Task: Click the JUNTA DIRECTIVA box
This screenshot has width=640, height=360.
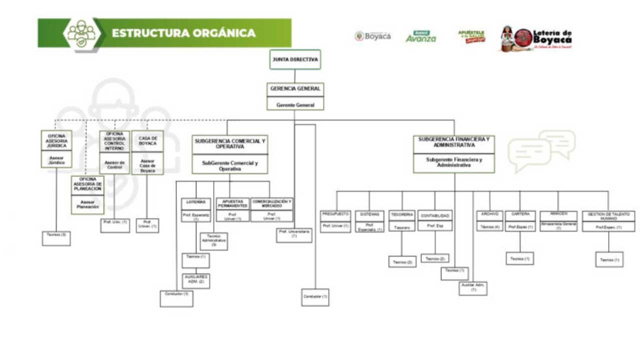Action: tap(295, 59)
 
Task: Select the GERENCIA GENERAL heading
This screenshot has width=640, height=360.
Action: tap(295, 89)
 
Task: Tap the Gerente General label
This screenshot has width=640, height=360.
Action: tap(295, 105)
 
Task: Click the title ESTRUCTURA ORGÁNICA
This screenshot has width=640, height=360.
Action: tap(183, 33)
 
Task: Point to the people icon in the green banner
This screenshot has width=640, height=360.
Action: tap(81, 33)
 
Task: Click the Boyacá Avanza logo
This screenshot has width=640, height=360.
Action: tap(420, 36)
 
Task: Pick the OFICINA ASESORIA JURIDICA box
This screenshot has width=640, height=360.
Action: tap(56, 140)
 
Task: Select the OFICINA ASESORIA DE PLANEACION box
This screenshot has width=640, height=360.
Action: tap(87, 184)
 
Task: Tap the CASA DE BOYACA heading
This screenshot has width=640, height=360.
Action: tap(147, 141)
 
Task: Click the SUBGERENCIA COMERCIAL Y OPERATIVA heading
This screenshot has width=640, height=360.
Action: tap(230, 144)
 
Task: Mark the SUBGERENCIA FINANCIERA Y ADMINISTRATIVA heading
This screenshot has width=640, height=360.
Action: tap(454, 142)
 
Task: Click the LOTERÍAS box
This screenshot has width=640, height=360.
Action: tap(196, 202)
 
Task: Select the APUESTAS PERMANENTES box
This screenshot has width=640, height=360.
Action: tap(232, 203)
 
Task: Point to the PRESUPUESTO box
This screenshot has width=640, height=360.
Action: tap(335, 214)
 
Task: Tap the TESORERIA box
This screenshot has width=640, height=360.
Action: tap(402, 214)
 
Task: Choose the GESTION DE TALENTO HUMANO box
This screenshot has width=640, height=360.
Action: tap(608, 216)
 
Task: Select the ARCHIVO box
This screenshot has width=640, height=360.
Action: tap(489, 214)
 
